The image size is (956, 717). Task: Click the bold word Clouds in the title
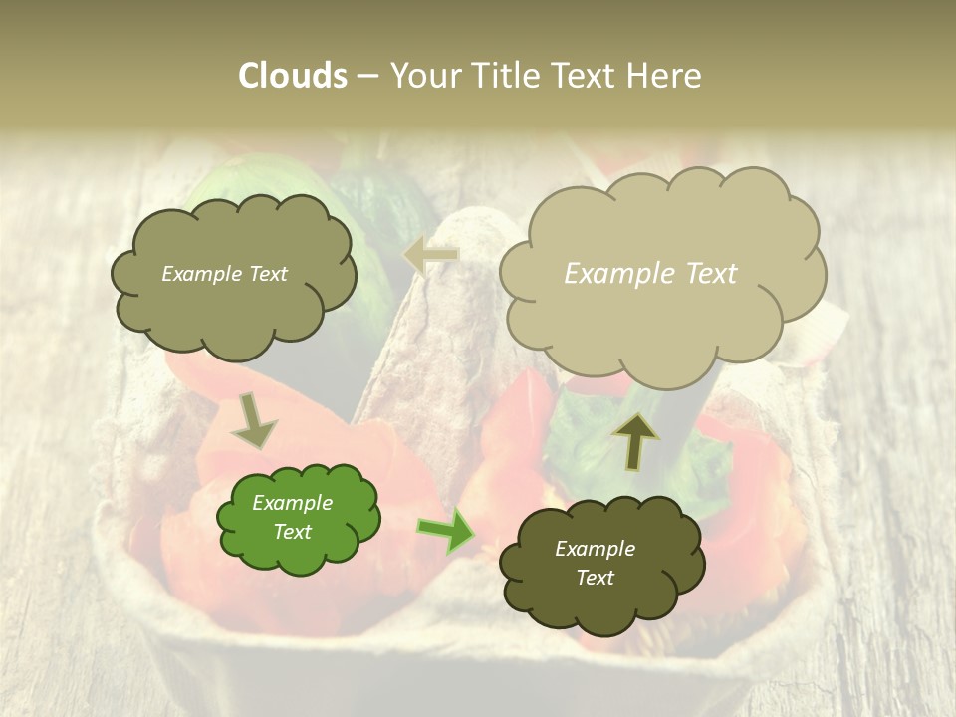click(x=293, y=76)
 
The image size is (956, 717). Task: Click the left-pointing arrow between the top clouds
click(x=431, y=255)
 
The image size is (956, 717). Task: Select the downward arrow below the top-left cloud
click(x=254, y=420)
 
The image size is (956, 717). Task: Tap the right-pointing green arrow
click(x=445, y=532)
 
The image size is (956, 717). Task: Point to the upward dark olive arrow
click(x=634, y=440)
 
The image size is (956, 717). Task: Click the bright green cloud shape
click(x=298, y=518)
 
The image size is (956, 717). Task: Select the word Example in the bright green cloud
click(x=292, y=503)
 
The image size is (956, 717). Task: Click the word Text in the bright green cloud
click(x=292, y=532)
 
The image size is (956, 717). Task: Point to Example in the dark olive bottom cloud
click(x=595, y=549)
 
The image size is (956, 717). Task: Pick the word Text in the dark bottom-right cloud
click(x=595, y=578)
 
